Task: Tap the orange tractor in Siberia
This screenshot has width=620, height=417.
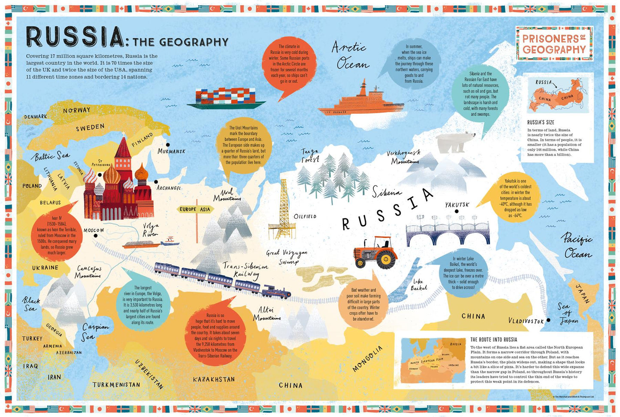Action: click(376, 252)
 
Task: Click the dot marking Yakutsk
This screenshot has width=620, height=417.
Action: click(457, 211)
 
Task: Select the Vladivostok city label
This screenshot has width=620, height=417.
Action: click(526, 321)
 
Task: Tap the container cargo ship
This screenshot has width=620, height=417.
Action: click(226, 97)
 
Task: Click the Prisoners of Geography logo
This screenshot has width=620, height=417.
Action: click(554, 43)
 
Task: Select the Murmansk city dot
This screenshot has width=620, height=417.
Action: click(168, 145)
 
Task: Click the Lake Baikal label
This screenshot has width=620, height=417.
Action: click(418, 285)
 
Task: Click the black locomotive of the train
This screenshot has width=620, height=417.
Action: click(276, 292)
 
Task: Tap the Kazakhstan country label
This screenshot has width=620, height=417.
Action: click(214, 379)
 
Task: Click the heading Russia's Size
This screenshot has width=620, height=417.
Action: click(541, 122)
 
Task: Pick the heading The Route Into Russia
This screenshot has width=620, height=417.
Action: click(493, 339)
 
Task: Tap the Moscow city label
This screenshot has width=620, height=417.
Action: click(94, 230)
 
